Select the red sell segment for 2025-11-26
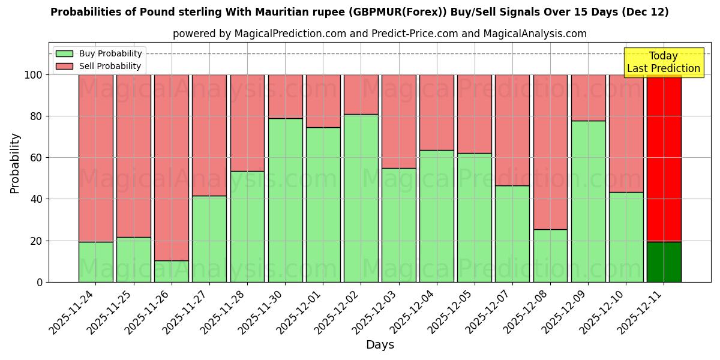pos(172,167)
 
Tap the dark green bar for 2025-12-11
pos(664,262)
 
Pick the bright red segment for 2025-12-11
pos(664,158)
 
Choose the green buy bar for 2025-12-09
pos(588,201)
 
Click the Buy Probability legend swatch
pos(64,54)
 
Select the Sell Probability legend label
pos(110,66)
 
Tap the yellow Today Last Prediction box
pos(664,62)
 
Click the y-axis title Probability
pos(15,163)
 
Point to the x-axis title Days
pos(380,345)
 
